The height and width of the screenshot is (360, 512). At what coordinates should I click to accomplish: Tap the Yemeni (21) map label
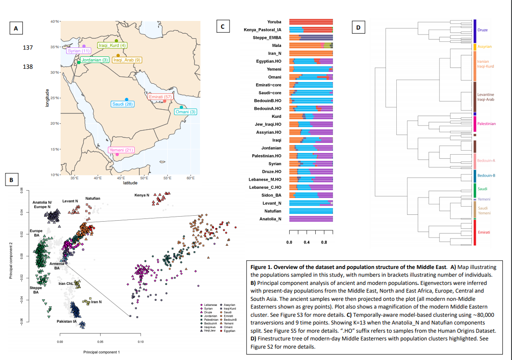click(121, 150)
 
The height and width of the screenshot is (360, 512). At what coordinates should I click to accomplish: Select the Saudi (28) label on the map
click(123, 104)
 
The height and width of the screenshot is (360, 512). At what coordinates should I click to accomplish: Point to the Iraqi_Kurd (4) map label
click(113, 46)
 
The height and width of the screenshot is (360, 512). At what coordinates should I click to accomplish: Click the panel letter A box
click(17, 29)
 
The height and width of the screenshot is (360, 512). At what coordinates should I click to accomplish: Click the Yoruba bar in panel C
click(311, 22)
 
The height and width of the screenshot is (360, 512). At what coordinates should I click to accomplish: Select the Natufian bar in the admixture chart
click(311, 211)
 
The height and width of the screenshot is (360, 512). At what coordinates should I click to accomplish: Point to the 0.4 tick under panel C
click(307, 242)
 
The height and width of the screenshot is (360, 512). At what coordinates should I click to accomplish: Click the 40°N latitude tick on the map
click(54, 21)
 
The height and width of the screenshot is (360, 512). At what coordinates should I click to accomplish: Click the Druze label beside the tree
click(483, 30)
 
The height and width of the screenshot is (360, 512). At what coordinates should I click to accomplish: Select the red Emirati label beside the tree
click(484, 233)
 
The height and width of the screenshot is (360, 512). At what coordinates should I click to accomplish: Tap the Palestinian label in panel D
click(487, 124)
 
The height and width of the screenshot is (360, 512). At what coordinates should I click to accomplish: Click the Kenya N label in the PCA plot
click(142, 195)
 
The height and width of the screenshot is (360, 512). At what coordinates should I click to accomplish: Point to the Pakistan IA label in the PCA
click(67, 322)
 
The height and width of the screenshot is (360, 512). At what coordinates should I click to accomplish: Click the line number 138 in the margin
click(28, 66)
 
